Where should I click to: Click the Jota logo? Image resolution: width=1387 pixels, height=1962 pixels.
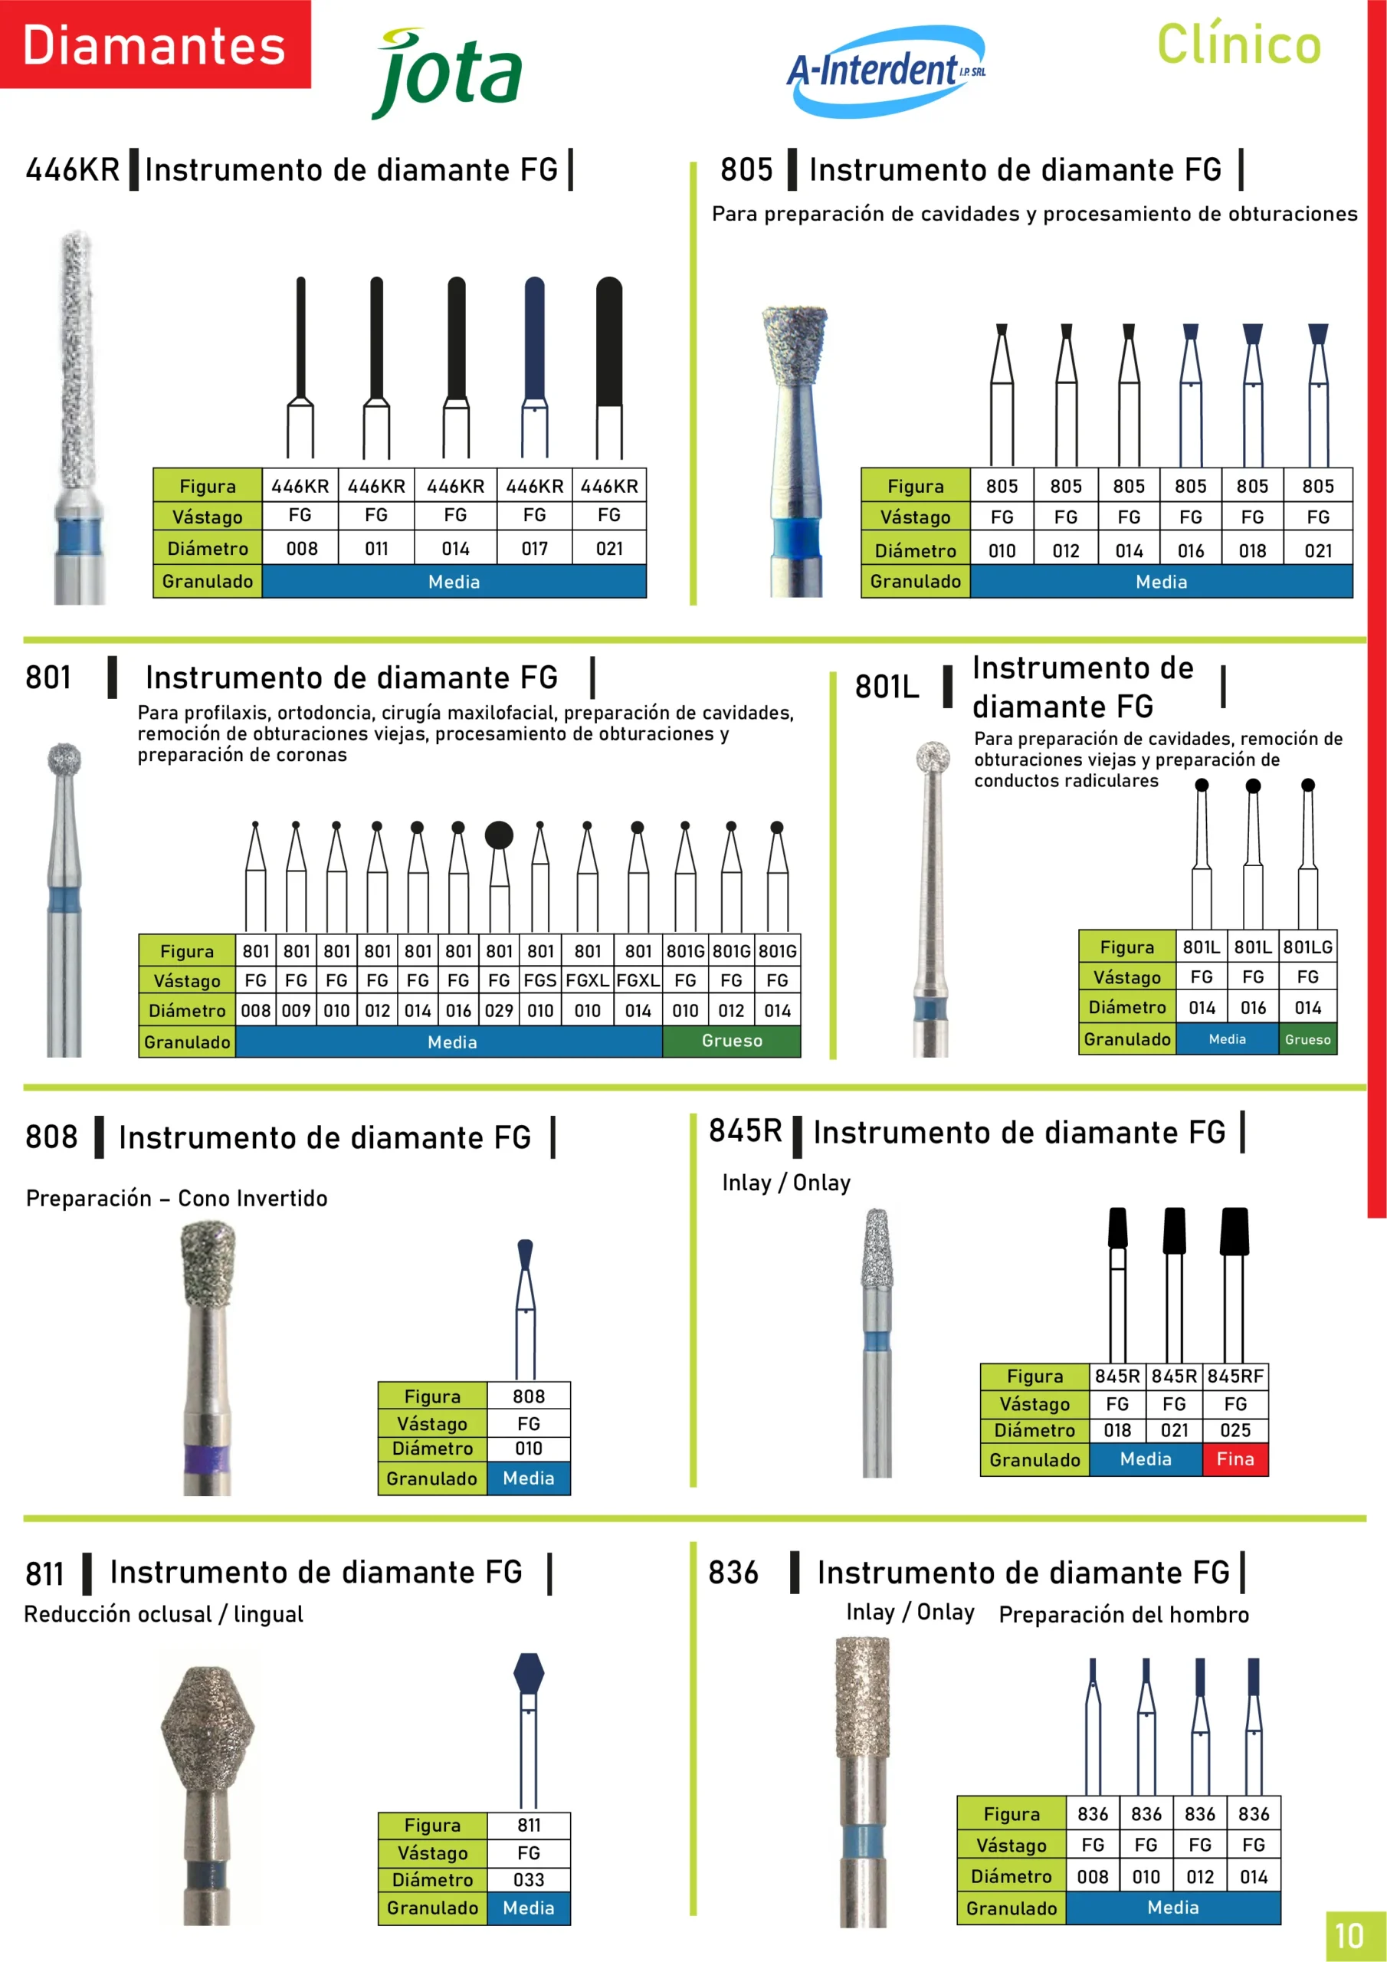[x=448, y=74]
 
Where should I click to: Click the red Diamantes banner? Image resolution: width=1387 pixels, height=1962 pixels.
[x=155, y=44]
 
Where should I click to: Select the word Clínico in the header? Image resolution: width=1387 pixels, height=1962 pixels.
[x=1238, y=44]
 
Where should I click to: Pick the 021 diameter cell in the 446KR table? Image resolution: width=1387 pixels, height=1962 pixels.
[x=608, y=549]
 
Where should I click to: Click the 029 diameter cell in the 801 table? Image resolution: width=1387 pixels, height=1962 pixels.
[x=499, y=1010]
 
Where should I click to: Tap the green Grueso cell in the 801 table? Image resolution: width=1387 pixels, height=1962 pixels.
[x=732, y=1041]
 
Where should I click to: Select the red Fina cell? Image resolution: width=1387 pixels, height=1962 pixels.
[x=1235, y=1458]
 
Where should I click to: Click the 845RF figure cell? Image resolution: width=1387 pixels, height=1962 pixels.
[x=1235, y=1376]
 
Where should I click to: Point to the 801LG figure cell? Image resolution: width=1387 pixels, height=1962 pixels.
[x=1307, y=947]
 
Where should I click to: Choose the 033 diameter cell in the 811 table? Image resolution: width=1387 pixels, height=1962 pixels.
[x=528, y=1880]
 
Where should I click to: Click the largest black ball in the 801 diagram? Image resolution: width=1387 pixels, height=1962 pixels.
[x=499, y=835]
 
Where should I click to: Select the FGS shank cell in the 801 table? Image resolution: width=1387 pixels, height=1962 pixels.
[x=540, y=980]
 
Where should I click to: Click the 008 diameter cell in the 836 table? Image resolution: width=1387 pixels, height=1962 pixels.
[x=1092, y=1877]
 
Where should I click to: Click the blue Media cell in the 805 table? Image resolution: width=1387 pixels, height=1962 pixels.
[x=1160, y=582]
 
